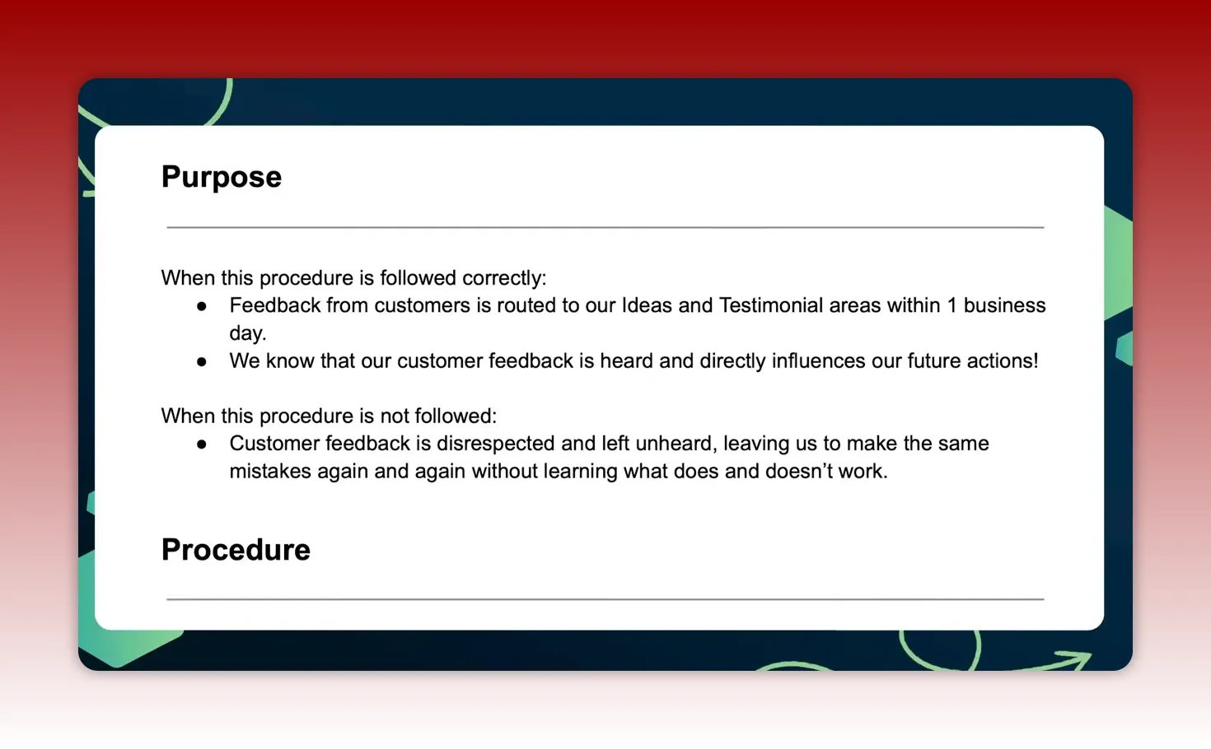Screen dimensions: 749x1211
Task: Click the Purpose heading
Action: pyautogui.click(x=221, y=177)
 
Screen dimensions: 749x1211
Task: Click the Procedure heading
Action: pyautogui.click(x=236, y=550)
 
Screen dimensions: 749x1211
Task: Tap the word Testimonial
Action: pyautogui.click(x=770, y=305)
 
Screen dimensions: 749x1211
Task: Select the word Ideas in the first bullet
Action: pyautogui.click(x=646, y=305)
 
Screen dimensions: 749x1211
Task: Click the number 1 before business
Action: pyautogui.click(x=951, y=305)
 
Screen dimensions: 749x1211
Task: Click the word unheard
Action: pyautogui.click(x=676, y=444)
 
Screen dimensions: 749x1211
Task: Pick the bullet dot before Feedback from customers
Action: pyautogui.click(x=202, y=306)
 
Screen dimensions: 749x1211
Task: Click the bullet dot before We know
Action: pyautogui.click(x=202, y=361)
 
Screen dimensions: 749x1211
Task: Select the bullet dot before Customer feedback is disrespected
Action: pyautogui.click(x=202, y=444)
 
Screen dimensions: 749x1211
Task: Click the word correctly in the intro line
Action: pyautogui.click(x=503, y=278)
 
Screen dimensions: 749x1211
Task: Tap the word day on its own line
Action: pyautogui.click(x=247, y=333)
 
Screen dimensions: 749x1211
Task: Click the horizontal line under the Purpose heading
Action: pyautogui.click(x=605, y=227)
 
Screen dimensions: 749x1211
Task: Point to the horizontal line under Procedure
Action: pyautogui.click(x=605, y=599)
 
